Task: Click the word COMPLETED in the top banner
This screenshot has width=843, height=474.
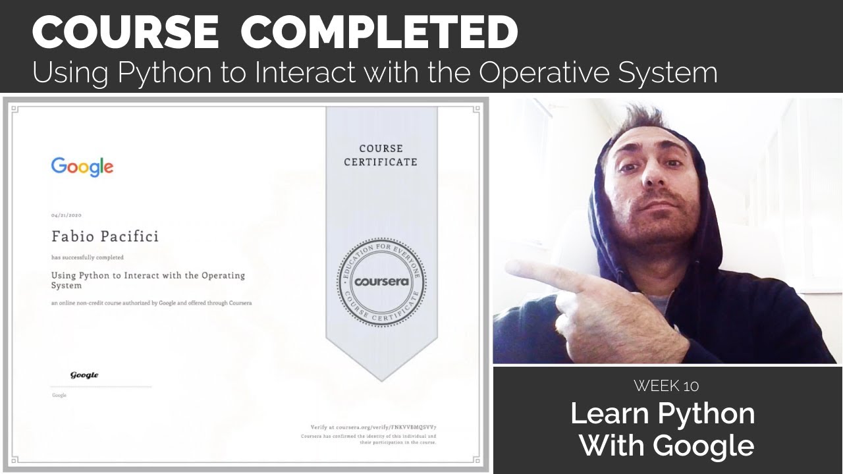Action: point(379,32)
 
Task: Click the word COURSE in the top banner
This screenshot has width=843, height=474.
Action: point(125,32)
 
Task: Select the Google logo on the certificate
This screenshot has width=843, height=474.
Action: point(82,167)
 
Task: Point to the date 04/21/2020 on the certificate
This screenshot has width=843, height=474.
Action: point(66,215)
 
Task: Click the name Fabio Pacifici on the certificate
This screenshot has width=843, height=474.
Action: point(105,236)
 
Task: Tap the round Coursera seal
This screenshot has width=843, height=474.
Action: point(382,282)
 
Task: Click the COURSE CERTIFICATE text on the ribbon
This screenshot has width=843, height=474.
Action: point(381,155)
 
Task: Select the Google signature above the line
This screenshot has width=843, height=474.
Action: point(84,375)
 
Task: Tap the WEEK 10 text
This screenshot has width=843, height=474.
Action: point(666,385)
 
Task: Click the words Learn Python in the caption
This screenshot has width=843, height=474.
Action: point(663,413)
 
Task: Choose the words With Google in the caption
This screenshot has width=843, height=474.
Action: point(666,445)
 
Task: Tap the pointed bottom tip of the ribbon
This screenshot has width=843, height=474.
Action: point(382,380)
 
